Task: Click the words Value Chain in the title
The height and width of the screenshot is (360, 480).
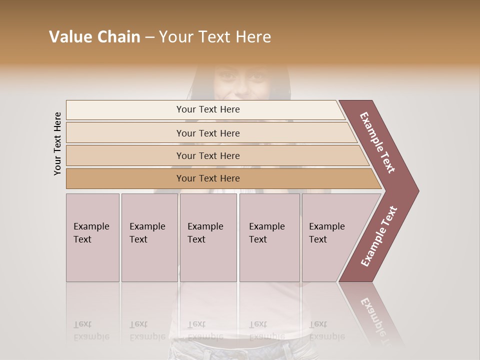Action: click(94, 37)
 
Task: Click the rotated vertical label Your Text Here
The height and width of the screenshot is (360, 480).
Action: click(57, 143)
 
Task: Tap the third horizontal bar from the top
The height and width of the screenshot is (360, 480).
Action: click(215, 155)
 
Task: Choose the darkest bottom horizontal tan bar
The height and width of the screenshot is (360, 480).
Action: click(220, 178)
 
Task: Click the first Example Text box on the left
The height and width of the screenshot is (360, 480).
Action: click(92, 237)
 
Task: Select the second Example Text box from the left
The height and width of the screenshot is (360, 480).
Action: click(149, 237)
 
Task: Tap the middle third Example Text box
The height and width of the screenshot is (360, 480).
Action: click(208, 237)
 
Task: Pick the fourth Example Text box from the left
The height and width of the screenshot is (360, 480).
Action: click(269, 237)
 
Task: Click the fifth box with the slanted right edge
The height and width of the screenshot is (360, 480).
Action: click(332, 237)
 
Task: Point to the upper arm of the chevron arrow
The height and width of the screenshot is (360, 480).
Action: click(378, 143)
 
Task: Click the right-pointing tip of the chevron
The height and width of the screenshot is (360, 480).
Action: click(412, 190)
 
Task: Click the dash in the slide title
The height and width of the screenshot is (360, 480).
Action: click(149, 37)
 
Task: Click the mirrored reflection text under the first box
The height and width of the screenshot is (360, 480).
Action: click(91, 330)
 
